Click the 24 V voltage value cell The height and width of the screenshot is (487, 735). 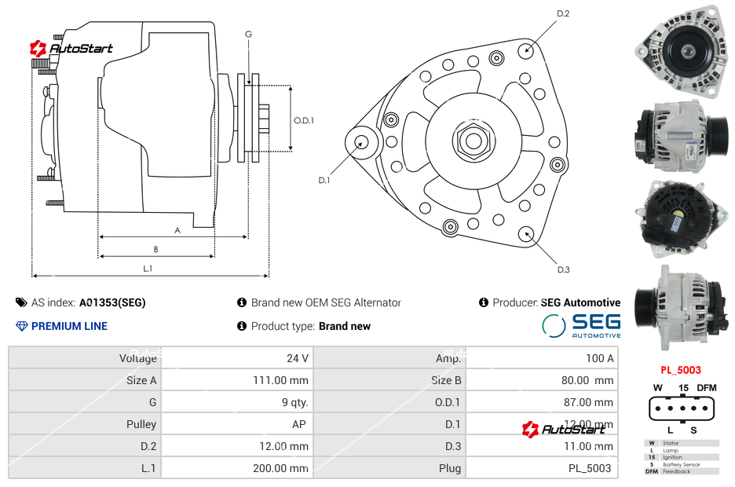[x=297, y=358]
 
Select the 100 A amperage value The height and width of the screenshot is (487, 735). [x=599, y=358]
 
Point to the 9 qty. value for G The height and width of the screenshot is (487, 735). [x=294, y=402]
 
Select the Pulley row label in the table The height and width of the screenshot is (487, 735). [x=141, y=424]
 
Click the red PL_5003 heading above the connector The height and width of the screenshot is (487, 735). [x=680, y=370]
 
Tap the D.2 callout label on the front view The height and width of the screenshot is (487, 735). [x=563, y=14]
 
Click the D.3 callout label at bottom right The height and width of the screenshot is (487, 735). [x=563, y=269]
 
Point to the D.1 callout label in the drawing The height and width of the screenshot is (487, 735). [x=324, y=181]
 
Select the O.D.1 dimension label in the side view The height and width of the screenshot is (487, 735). [x=304, y=120]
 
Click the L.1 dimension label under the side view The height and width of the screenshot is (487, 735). [x=147, y=269]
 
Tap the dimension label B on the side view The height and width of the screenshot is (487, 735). [x=155, y=250]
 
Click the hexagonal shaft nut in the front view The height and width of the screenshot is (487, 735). [x=473, y=141]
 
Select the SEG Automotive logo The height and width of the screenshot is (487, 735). [x=581, y=325]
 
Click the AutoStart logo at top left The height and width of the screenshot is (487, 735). [x=71, y=49]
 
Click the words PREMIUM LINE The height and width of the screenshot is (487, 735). [x=69, y=326]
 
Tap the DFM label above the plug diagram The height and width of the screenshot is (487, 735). [x=707, y=388]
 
